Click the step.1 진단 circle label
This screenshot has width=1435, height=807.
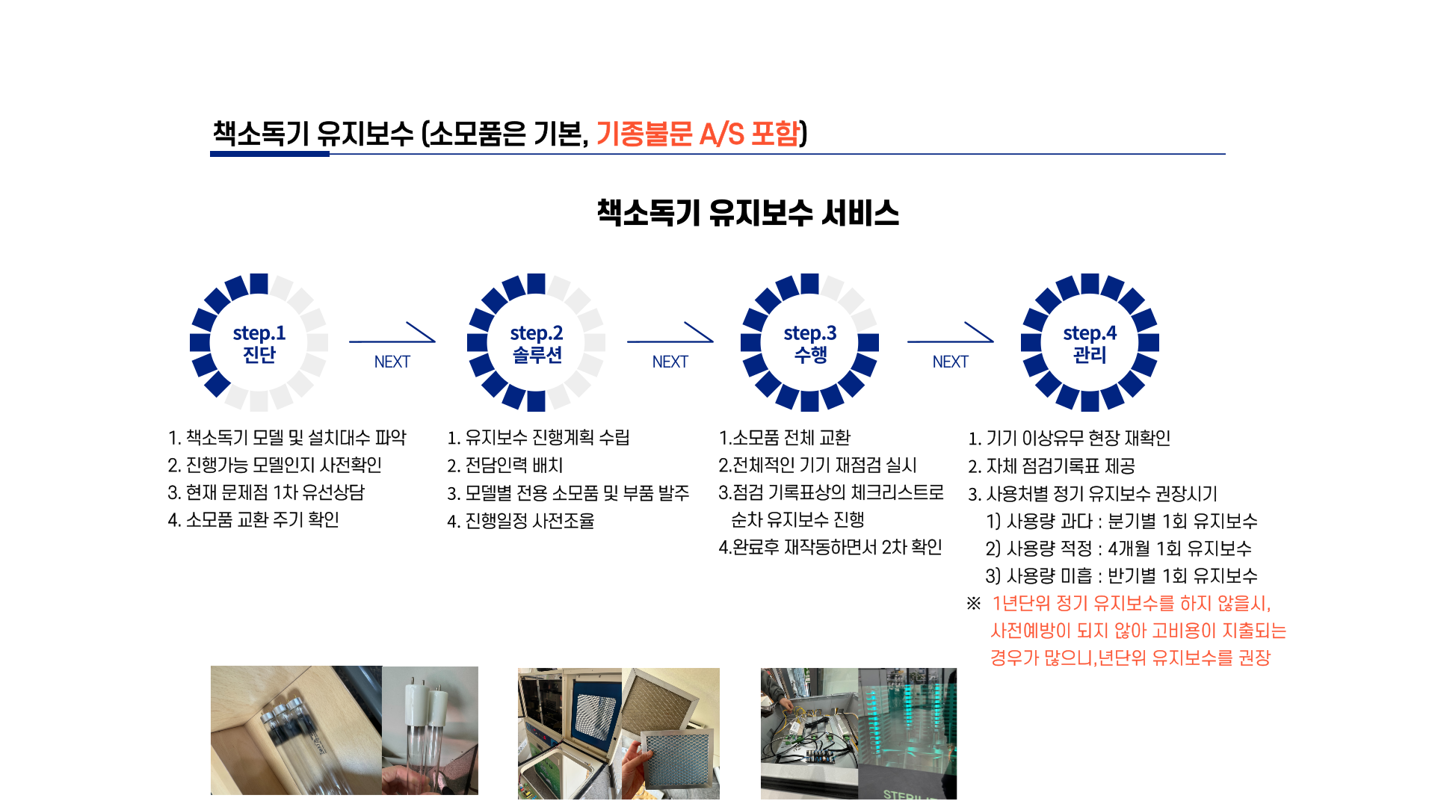259,343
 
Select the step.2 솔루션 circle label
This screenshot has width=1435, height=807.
537,343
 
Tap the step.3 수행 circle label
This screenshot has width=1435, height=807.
810,343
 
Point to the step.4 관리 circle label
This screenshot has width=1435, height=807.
1090,343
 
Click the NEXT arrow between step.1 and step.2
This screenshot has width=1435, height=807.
392,341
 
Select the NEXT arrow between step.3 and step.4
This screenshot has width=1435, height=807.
951,341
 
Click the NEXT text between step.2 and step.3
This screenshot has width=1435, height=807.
670,362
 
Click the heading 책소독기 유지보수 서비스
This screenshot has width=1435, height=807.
747,213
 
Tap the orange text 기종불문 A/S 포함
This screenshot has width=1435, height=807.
698,134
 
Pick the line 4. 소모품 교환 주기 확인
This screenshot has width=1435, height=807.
253,519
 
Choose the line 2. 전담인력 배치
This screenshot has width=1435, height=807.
505,466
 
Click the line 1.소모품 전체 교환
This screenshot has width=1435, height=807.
785,438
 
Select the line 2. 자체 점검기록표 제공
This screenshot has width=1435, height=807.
1052,466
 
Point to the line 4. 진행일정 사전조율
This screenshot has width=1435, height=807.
521,521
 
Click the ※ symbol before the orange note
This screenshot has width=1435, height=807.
974,603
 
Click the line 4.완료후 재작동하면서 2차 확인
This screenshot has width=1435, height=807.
830,548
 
